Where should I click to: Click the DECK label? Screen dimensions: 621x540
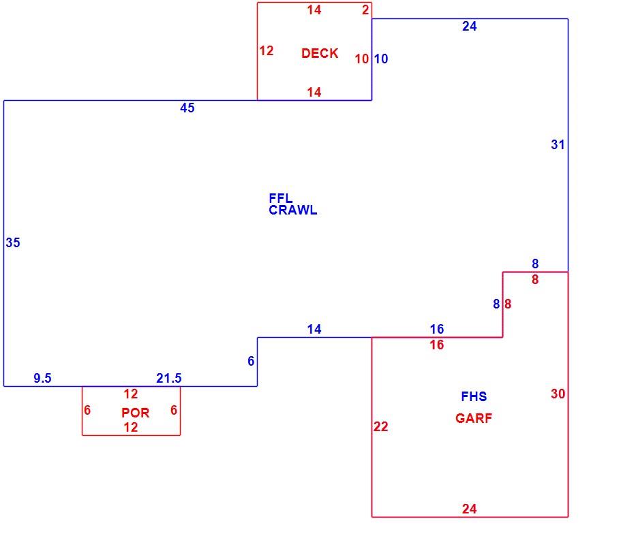(x=320, y=53)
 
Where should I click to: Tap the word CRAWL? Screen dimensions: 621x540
(x=292, y=210)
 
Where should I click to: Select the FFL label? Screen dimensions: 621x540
(x=280, y=197)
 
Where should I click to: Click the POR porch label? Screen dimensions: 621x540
(x=136, y=413)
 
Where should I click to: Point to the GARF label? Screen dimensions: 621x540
(x=474, y=418)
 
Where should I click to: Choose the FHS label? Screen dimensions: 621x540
(x=474, y=396)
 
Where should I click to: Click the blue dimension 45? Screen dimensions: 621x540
(x=187, y=108)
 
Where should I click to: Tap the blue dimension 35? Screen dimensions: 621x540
(x=13, y=242)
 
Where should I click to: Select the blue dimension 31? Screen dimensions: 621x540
(x=558, y=145)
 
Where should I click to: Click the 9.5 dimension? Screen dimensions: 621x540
(x=42, y=378)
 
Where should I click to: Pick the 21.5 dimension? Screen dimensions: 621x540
(x=169, y=378)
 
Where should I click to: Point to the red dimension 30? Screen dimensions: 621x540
(x=558, y=394)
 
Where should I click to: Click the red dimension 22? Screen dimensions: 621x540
(x=380, y=426)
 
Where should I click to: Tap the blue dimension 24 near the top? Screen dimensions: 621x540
(x=469, y=26)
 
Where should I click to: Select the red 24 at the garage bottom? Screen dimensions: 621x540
(x=469, y=509)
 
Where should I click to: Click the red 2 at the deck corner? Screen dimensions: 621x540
(x=365, y=10)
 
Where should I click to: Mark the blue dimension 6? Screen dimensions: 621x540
(x=251, y=361)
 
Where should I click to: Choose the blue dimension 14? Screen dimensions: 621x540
(x=314, y=329)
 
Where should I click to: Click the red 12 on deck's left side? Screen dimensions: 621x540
(x=267, y=50)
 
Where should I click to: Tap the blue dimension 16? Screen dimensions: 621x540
(x=437, y=329)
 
